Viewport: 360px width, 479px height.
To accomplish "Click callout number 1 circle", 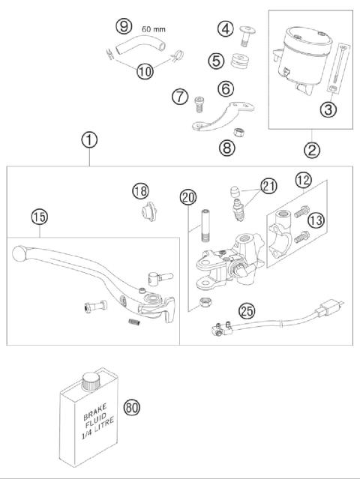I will click(x=90, y=139).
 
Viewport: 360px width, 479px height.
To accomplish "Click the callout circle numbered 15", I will click(x=38, y=217).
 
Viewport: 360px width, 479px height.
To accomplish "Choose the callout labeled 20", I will click(x=188, y=198).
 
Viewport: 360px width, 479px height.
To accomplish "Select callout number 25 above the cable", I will click(x=245, y=310).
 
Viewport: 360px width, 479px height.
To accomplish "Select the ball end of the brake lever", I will click(x=19, y=255).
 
